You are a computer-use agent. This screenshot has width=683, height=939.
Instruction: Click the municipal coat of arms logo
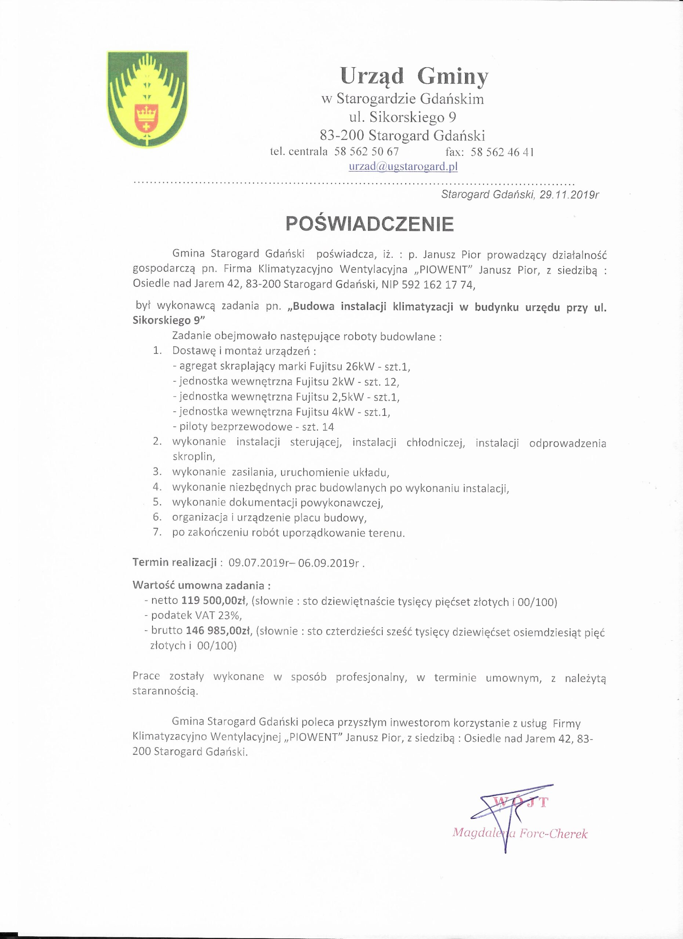point(148,99)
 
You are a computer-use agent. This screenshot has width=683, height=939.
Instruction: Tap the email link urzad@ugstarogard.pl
point(403,167)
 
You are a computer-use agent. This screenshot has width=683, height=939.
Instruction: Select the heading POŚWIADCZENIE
point(370,224)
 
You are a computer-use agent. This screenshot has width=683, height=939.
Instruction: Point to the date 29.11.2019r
point(569,195)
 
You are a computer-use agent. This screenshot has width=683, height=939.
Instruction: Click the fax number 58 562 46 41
point(502,152)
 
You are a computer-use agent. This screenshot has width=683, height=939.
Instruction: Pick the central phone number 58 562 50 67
point(367,151)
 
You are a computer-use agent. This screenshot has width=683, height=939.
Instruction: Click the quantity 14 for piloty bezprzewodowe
point(328,427)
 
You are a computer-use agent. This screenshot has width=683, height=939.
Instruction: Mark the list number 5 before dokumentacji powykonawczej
point(157,502)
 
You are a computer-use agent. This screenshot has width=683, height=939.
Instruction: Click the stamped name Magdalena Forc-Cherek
point(520,833)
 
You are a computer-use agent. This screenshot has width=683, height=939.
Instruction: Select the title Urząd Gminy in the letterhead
point(414,76)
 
